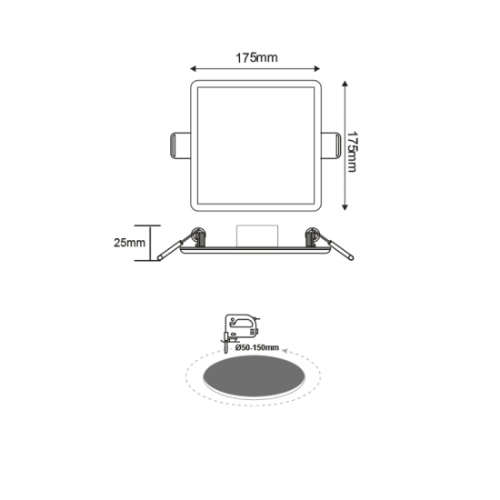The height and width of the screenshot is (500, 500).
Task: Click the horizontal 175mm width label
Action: tap(256, 58)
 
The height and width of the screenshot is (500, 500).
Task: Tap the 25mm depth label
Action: tap(131, 243)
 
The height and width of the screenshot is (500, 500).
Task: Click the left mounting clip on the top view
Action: tap(181, 144)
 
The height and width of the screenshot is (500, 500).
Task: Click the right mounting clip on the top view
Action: tap(332, 144)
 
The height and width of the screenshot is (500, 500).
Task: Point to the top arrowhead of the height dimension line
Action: tap(345, 83)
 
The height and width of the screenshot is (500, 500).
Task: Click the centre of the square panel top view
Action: tap(255, 144)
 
